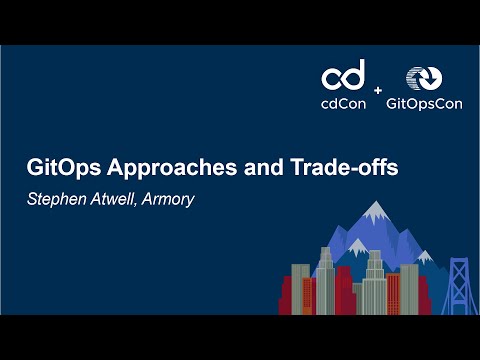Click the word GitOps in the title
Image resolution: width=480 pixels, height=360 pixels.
click(x=61, y=168)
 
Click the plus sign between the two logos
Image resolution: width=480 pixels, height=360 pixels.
click(x=378, y=91)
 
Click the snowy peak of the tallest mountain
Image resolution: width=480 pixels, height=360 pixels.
click(x=375, y=213)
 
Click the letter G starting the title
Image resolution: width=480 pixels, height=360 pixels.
click(x=34, y=168)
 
